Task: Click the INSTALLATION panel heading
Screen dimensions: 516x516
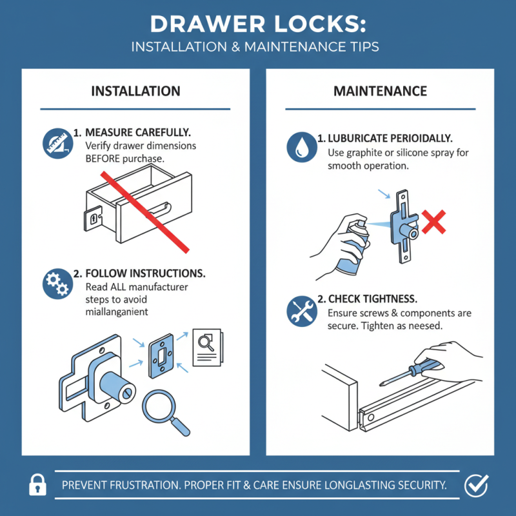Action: click(x=135, y=91)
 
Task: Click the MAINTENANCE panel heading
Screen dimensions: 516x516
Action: click(x=380, y=91)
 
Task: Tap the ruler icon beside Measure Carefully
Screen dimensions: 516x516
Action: click(x=54, y=143)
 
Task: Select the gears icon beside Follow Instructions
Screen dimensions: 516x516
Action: click(x=54, y=284)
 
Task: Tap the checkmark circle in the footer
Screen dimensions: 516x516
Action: click(x=477, y=484)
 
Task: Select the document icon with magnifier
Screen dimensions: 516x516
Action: click(x=207, y=345)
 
